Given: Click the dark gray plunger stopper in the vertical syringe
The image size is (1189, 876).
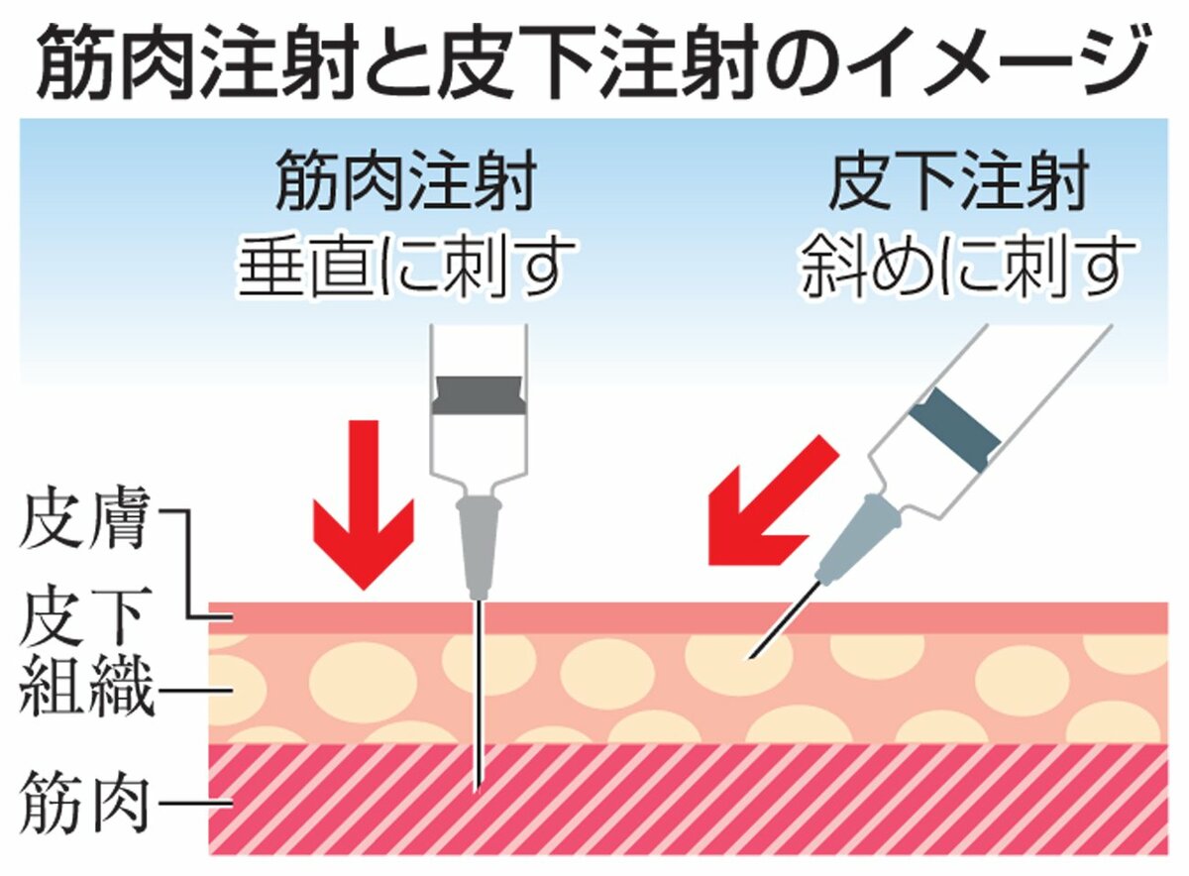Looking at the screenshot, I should (x=478, y=393).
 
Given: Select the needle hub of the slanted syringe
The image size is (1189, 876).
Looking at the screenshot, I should (x=857, y=535).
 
